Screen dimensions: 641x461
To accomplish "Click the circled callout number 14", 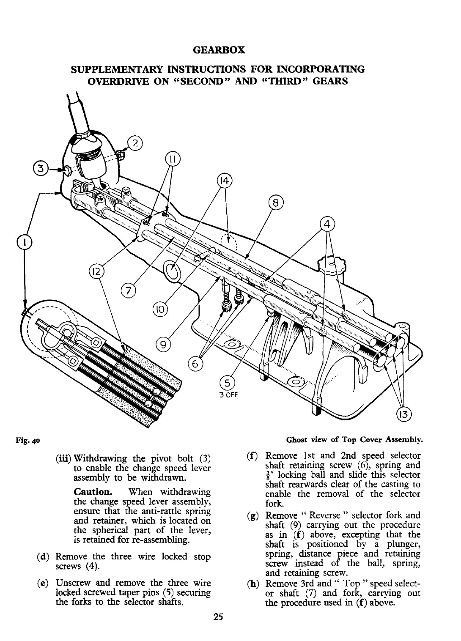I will [x=225, y=182].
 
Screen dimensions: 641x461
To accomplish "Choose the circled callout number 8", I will [x=276, y=204].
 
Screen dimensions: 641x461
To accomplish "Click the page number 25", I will [x=218, y=616].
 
